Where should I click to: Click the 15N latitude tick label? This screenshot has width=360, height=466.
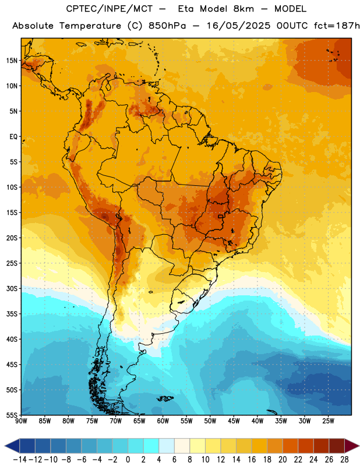12,61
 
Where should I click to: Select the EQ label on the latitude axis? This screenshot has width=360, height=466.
13,137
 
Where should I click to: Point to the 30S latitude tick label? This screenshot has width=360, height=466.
12,288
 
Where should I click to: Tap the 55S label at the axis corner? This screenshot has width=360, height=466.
12,415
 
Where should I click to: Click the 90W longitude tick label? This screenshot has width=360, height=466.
21,421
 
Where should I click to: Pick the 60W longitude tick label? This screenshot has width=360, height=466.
163,421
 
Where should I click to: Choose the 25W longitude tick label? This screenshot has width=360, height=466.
328,421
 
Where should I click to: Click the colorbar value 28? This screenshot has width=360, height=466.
344,460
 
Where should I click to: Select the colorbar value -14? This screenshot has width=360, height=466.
20,460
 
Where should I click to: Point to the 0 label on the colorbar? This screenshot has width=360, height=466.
128,460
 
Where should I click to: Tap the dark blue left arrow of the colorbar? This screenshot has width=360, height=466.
12,446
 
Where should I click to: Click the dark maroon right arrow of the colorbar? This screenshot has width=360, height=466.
352,446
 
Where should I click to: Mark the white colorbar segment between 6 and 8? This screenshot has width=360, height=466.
182,446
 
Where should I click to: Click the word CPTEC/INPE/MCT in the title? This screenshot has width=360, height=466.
110,9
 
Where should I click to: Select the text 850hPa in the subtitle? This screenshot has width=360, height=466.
167,26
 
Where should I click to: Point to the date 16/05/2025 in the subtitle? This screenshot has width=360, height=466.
238,26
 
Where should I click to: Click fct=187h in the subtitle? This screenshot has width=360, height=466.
337,26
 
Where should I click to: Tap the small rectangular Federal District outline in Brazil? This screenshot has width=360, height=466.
221,216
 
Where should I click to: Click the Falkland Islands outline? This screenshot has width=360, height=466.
165,398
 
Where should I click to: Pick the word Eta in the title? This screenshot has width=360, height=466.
186,9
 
